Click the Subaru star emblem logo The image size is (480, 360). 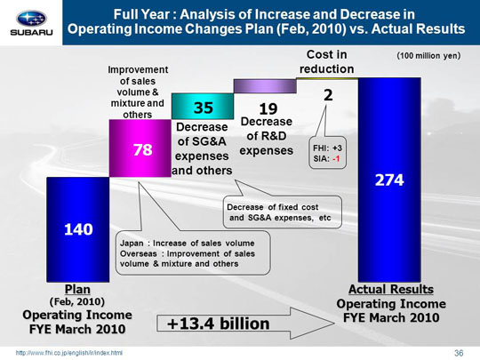coord(31,19)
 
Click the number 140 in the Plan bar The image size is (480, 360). coord(78,229)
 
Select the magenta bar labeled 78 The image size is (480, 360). coord(140,148)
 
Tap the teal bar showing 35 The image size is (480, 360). coord(203,107)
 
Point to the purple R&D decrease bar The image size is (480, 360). coord(265,86)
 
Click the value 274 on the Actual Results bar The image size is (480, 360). coord(389,180)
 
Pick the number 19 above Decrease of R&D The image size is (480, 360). coord(268,109)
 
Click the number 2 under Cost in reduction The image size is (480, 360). coord(328,95)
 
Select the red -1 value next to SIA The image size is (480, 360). coord(336,159)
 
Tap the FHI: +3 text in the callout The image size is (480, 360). coord(327,148)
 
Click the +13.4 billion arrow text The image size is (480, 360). coord(219,324)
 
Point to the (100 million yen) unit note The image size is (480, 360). coord(428,56)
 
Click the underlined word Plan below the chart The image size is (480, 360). coord(77,289)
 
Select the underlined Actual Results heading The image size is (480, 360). coord(391,289)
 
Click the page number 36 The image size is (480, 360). coord(459,353)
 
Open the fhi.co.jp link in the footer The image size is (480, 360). coord(69,353)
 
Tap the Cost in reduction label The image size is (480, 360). coord(326,62)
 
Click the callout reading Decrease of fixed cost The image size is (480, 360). coord(283,212)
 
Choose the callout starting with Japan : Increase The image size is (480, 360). coord(193,253)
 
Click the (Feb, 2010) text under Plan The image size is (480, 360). coord(77,302)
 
